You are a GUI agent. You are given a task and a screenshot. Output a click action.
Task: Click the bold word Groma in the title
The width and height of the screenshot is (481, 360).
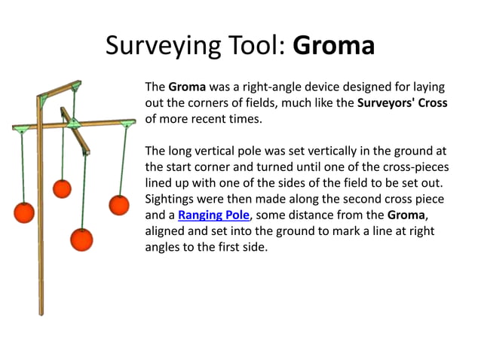pos(333,46)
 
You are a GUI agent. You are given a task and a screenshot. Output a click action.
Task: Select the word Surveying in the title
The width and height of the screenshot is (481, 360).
pos(156,47)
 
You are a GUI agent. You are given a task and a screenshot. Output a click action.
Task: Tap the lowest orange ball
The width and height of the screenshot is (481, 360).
pos(82,239)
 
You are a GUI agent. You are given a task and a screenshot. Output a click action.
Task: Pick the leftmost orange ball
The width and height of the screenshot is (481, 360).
pos(25,212)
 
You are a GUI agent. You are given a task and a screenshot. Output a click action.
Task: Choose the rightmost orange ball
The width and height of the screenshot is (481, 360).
pos(119,205)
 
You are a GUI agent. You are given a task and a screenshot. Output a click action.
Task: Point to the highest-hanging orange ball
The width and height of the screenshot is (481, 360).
pos(62,188)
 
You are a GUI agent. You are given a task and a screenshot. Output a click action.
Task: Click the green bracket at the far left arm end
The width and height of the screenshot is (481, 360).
pos(18,129)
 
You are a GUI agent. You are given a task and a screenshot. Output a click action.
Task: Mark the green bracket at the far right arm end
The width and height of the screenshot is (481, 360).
pos(127,121)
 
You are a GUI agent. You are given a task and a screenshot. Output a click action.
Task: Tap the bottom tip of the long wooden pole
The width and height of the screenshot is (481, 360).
pos(41,312)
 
